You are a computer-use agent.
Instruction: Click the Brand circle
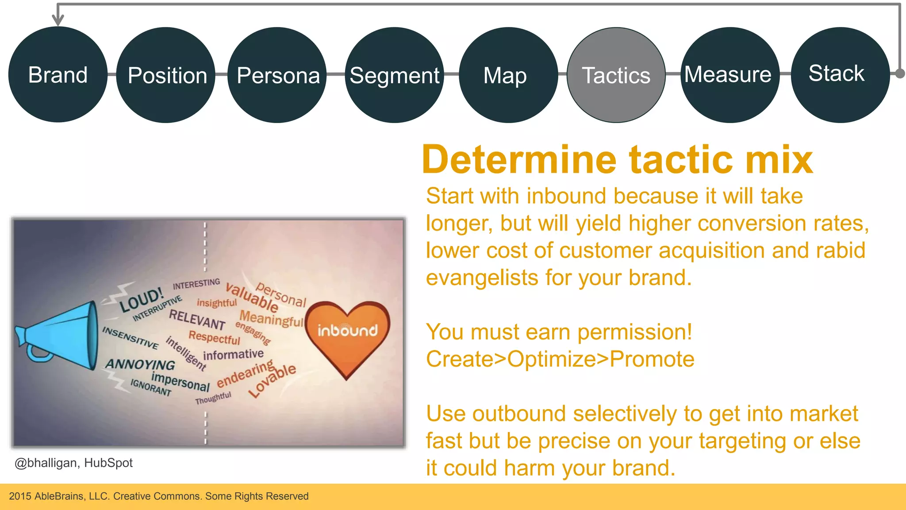pos(58,74)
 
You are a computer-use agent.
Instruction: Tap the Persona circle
pos(277,75)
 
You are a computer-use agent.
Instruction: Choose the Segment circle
pos(394,75)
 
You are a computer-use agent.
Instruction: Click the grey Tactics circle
pos(616,75)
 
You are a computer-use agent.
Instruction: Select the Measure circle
pos(729,74)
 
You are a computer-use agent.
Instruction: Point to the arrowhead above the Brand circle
pos(58,20)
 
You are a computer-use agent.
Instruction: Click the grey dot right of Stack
pos(900,73)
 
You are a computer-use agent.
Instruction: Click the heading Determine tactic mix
pos(617,160)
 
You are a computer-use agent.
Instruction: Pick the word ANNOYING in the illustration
pos(140,364)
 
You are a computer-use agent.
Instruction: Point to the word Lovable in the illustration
pos(272,380)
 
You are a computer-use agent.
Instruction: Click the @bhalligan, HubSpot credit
pos(73,463)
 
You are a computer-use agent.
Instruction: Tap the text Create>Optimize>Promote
pos(560,359)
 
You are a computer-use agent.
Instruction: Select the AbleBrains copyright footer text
pos(158,496)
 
